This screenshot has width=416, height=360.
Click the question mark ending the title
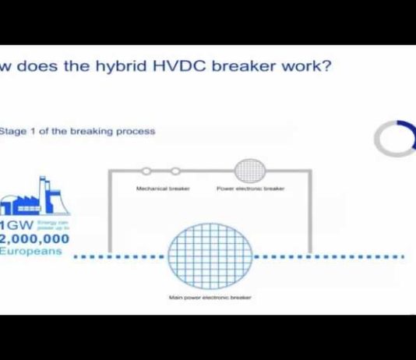pyautogui.click(x=327, y=65)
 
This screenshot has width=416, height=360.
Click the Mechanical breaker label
pyautogui.click(x=160, y=189)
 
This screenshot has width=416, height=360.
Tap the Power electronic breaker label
pyautogui.click(x=250, y=189)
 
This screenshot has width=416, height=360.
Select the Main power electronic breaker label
pyautogui.click(x=210, y=297)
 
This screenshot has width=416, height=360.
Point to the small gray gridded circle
pyautogui.click(x=250, y=169)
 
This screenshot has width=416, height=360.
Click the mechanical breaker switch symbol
pyautogui.click(x=160, y=170)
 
